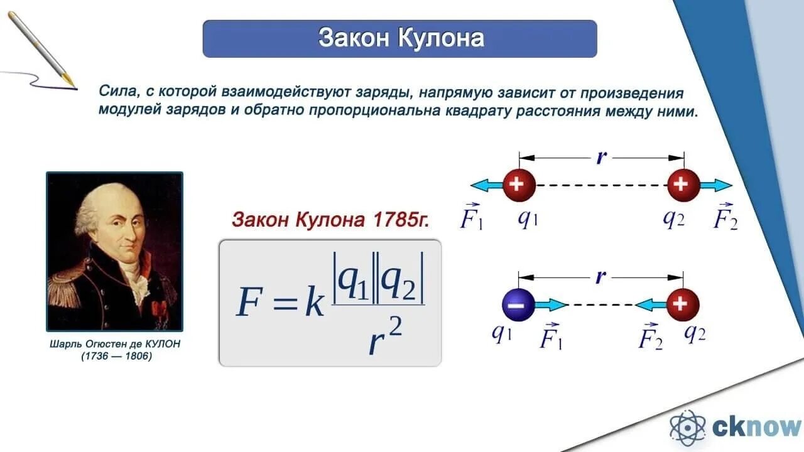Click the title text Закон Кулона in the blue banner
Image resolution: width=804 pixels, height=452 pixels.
point(401,38)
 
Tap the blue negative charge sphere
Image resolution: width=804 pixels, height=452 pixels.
point(518,305)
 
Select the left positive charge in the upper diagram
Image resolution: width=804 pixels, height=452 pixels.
point(519,185)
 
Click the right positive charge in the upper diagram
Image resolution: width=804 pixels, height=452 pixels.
point(683,185)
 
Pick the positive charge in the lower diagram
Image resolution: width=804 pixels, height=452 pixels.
point(682,305)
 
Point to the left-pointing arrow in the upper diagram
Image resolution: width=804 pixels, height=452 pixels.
point(486,185)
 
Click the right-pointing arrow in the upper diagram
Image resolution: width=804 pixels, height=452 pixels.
point(715,185)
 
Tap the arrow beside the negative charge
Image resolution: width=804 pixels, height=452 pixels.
point(550,305)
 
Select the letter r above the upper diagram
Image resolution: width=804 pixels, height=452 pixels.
point(601,157)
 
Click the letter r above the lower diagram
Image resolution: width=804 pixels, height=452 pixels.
point(601,276)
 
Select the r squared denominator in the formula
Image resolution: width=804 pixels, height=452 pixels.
point(383,339)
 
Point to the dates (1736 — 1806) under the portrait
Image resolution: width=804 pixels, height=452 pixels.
point(116,357)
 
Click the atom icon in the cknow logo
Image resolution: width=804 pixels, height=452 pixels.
point(688,428)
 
